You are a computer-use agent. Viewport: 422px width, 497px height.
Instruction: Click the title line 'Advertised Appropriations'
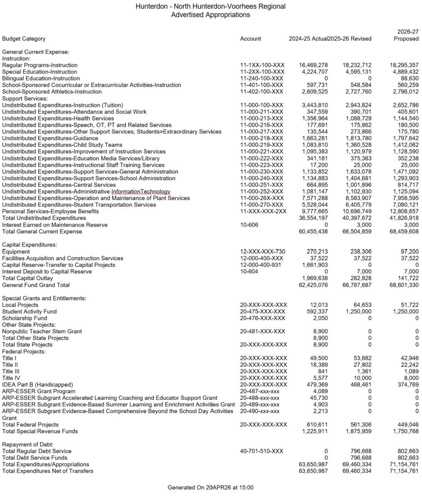pyautogui.click(x=210, y=15)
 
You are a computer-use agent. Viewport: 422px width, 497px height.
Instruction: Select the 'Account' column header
pyautogui.click(x=250, y=39)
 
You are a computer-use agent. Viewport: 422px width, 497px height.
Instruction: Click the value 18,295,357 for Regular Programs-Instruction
pyautogui.click(x=403, y=65)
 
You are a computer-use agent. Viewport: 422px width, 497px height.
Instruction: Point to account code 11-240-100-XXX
pyautogui.click(x=262, y=78)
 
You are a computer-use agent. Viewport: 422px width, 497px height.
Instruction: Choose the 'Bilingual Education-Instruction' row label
pyautogui.click(x=41, y=78)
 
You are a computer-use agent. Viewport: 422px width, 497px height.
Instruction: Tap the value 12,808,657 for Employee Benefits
pyautogui.click(x=403, y=212)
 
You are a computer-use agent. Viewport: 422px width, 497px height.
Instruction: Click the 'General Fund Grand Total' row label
pyautogui.click(x=36, y=285)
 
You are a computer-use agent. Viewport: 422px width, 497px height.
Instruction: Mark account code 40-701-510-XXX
pyautogui.click(x=261, y=451)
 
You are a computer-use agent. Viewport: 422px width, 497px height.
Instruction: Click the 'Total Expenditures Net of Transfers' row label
pyautogui.click(x=48, y=471)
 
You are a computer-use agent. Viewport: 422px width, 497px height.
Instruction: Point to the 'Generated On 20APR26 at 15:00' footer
pyautogui.click(x=210, y=487)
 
